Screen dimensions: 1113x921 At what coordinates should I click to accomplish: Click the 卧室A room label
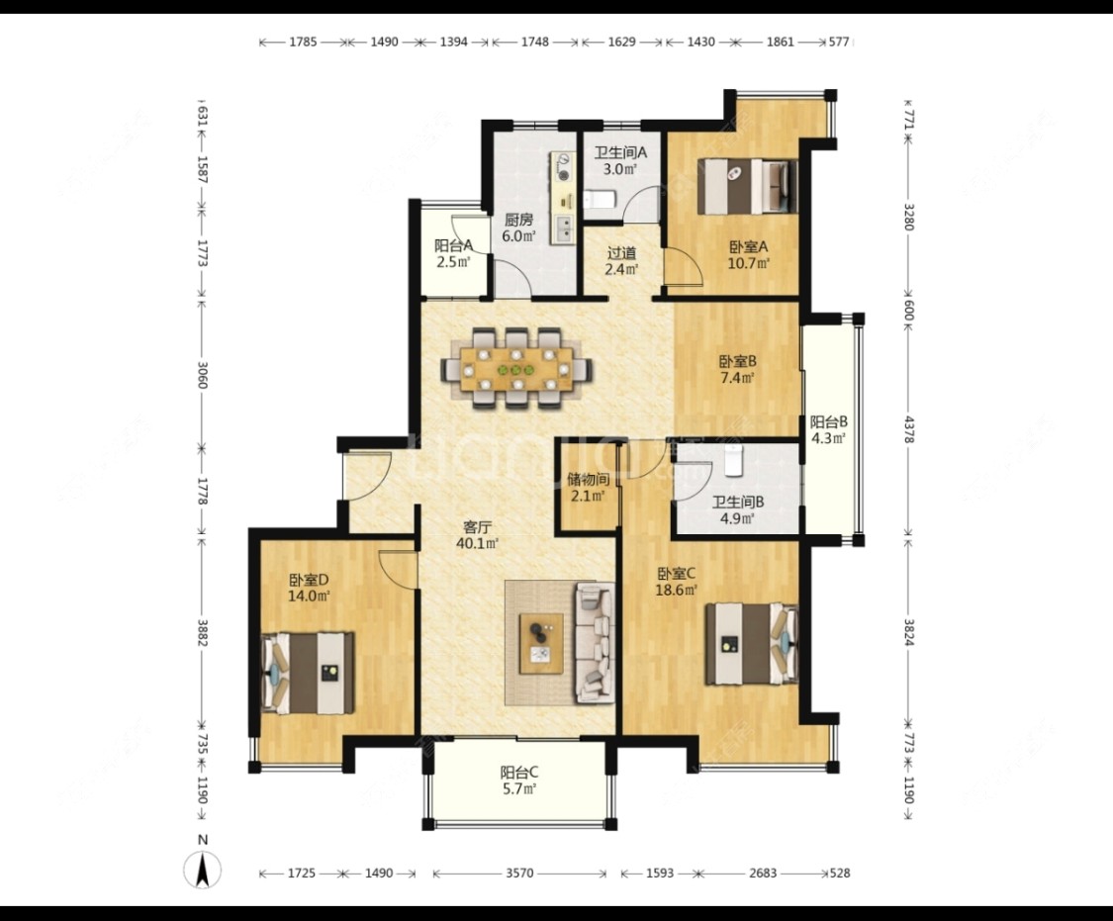pos(749,247)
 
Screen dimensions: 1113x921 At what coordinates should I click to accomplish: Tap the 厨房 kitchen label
pos(518,220)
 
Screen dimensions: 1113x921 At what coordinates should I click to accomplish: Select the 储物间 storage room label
pos(589,480)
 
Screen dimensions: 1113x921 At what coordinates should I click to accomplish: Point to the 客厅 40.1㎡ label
pos(477,535)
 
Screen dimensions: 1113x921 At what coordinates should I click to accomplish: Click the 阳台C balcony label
pos(518,772)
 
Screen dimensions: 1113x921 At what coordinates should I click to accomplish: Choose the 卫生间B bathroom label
pos(738,502)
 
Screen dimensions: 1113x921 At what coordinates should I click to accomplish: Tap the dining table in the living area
pos(516,369)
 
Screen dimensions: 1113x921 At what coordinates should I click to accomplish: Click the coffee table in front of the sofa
pos(541,644)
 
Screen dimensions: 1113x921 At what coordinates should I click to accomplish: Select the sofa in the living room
pos(595,642)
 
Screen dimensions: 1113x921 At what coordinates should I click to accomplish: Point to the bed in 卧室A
pos(748,186)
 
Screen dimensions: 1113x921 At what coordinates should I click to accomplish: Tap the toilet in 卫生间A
pos(600,200)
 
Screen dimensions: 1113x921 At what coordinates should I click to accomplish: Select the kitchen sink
pos(565,228)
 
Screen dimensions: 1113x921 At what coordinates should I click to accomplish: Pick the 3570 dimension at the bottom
pos(519,874)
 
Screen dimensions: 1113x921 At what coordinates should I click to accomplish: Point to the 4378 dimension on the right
pos(908,429)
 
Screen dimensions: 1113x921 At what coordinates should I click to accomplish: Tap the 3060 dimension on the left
pos(202,375)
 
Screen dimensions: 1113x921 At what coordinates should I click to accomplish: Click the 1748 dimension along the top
pos(535,42)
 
